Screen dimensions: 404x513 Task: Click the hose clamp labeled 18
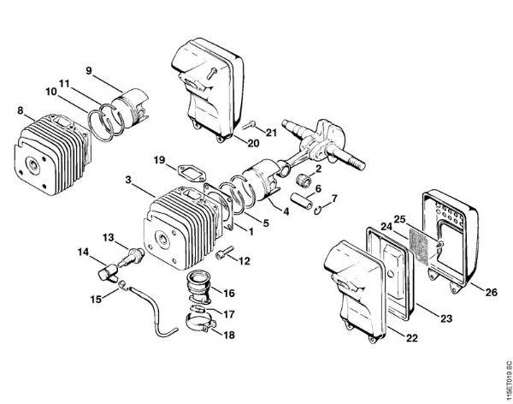[202, 325]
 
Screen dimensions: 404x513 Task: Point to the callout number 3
[127, 181]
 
